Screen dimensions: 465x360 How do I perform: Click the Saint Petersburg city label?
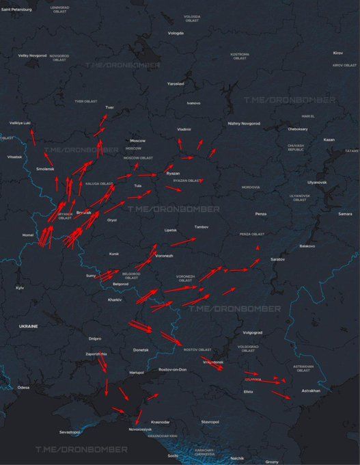click(x=16, y=10)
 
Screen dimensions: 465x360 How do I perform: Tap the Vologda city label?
click(x=176, y=33)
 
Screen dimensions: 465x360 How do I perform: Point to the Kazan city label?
click(x=329, y=139)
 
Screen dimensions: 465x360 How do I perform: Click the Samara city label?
click(x=345, y=214)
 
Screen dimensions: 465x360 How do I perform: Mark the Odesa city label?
click(x=24, y=387)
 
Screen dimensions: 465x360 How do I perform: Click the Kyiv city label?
click(x=20, y=288)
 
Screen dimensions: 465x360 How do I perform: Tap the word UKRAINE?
click(x=29, y=326)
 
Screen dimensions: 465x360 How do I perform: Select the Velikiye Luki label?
click(x=20, y=123)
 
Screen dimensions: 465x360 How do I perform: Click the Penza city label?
click(x=260, y=214)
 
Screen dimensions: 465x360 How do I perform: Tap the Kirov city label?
click(x=337, y=53)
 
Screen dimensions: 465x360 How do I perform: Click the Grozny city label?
click(x=271, y=462)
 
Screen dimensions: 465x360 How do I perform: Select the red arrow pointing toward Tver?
click(x=101, y=122)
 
